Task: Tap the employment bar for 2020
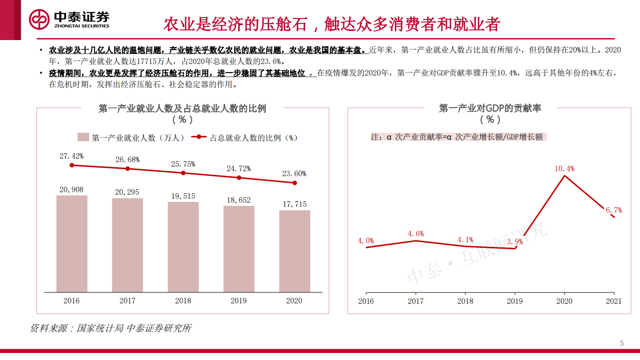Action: pos(294,251)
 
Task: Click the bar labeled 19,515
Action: pos(183,247)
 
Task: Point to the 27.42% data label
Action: pos(72,156)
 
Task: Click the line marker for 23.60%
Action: pos(294,183)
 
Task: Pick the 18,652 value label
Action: pos(239,200)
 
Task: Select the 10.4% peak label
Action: pos(564,169)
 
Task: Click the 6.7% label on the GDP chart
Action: pos(613,210)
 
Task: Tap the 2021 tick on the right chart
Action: pos(613,301)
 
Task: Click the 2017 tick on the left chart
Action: pos(128,301)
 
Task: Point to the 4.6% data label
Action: pos(416,233)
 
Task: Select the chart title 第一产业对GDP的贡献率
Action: pos(490,108)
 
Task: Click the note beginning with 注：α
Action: pos(456,137)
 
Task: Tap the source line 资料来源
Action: pos(111,328)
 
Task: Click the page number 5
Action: pos(622,343)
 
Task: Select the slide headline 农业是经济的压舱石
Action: pos(331,24)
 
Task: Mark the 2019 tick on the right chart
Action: pos(515,301)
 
